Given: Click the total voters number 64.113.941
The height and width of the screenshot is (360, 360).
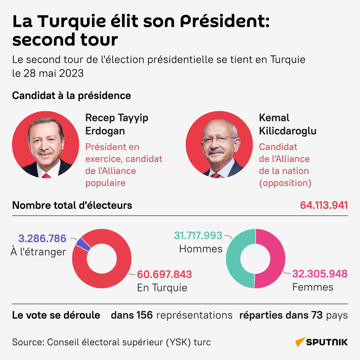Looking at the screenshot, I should click(324, 205).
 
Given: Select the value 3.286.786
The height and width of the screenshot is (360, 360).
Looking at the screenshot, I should click(42, 238).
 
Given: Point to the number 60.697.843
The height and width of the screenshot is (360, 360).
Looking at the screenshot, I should click(164, 274).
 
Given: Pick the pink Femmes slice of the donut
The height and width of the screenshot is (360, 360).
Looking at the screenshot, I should click(277, 259).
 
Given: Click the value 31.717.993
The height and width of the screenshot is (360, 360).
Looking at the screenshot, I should click(198, 235).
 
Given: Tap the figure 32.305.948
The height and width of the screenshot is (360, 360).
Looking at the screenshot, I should click(320, 274).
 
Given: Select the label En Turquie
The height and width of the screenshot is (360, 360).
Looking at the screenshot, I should click(162, 288).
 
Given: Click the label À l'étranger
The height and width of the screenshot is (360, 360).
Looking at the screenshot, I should click(38, 252).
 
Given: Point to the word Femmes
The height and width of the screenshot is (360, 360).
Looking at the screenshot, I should click(313, 287).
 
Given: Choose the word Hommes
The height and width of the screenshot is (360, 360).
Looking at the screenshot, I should click(201, 249).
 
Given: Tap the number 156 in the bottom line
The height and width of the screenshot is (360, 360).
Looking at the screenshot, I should click(145, 315).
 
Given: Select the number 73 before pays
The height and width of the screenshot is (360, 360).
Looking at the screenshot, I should click(317, 315).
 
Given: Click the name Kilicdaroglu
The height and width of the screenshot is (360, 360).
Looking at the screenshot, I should click(287, 131).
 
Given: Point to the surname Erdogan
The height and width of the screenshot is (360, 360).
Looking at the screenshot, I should click(105, 131).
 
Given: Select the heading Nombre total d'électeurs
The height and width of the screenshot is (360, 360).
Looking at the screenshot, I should click(72, 205).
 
